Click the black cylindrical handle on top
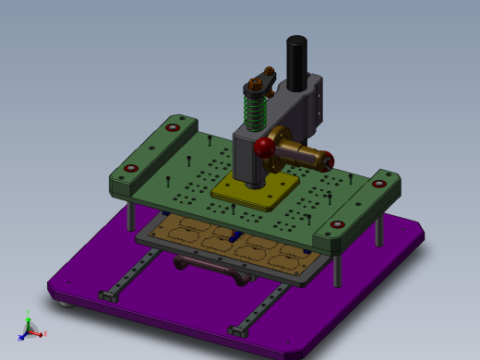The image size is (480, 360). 296,62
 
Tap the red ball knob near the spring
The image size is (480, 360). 265,148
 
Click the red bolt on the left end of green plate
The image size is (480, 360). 131,168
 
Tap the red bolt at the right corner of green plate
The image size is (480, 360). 378,183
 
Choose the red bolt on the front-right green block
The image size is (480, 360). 338,223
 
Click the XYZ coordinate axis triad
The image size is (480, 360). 30,328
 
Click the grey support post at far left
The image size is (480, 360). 131,216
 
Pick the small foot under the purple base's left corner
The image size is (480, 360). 63,302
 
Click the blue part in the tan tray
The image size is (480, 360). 237,236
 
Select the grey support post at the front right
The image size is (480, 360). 338,268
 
